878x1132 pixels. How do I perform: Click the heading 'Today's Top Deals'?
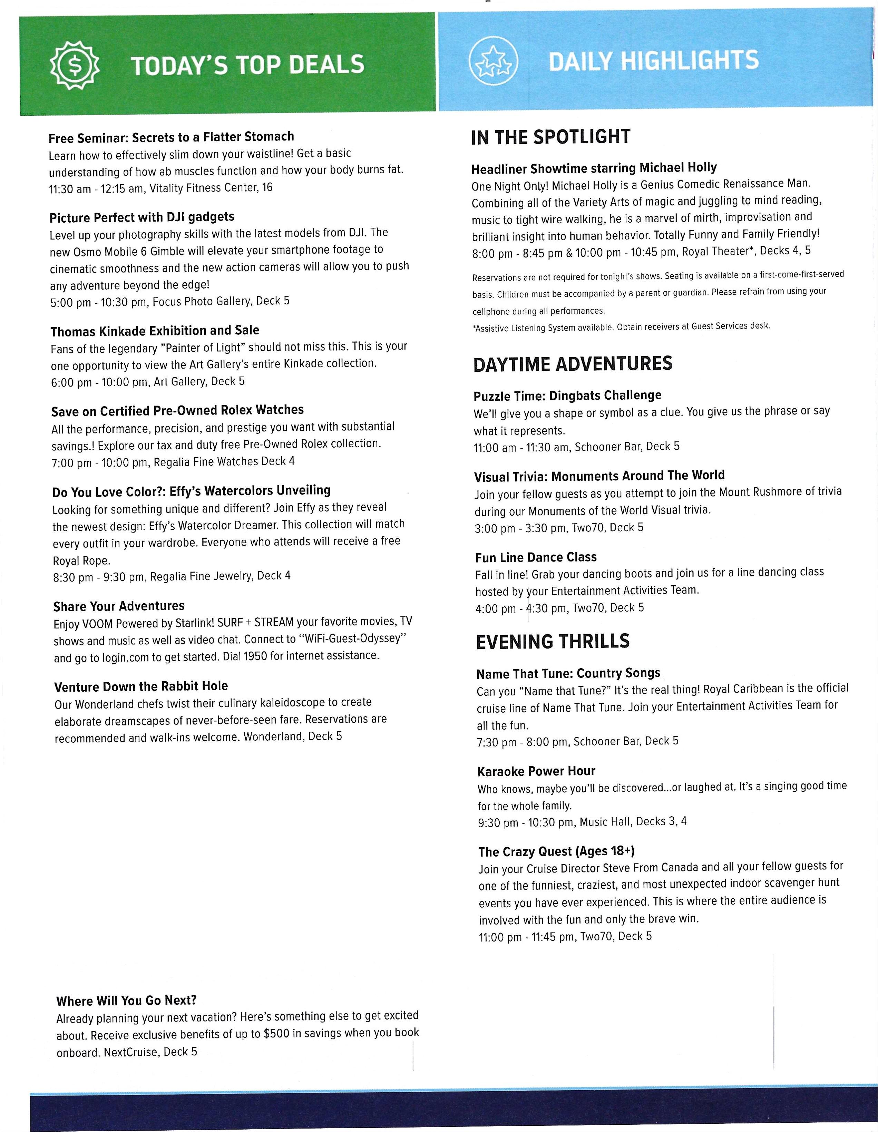point(248,65)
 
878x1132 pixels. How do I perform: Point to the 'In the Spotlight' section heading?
point(550,137)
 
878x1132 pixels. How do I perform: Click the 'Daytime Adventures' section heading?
point(572,364)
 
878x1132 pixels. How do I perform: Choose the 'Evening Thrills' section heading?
point(553,642)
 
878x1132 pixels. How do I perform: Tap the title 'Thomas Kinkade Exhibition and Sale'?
point(155,331)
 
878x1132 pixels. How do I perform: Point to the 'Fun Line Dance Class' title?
point(535,557)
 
